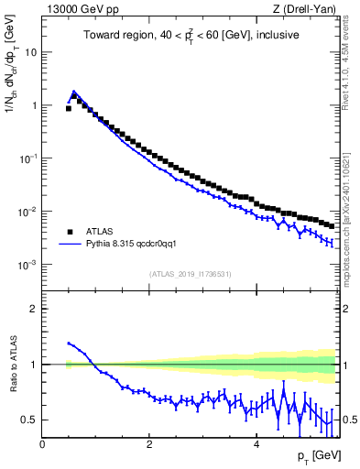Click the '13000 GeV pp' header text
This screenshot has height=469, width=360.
(81, 10)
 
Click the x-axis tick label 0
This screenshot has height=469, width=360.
(42, 443)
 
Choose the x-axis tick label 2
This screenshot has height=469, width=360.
(149, 443)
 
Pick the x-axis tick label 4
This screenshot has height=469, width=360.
(256, 443)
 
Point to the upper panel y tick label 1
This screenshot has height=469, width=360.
(33, 105)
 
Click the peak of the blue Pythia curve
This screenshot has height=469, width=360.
(73, 92)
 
